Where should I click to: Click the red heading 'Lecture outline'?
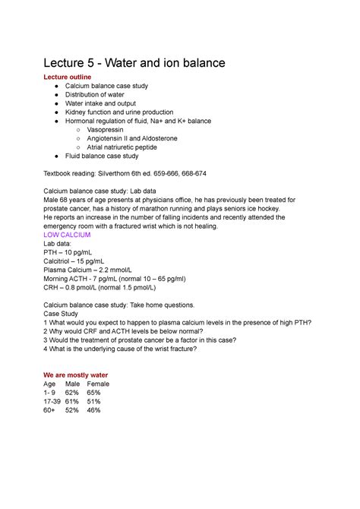[x=70, y=77]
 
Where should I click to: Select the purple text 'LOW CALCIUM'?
[x=68, y=236]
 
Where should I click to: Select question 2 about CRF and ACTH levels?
[x=129, y=331]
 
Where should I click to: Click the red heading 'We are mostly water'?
[x=76, y=375]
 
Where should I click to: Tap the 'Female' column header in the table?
[x=98, y=384]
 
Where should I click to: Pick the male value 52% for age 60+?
[x=72, y=410]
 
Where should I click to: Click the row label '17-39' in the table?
[x=54, y=401]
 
